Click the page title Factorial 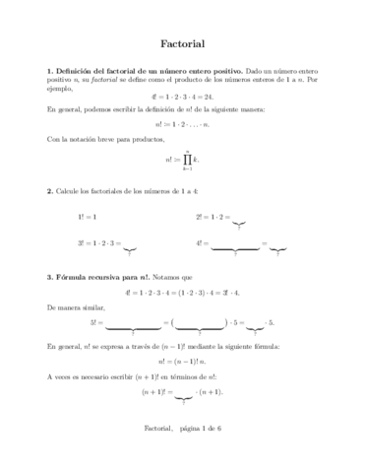182,44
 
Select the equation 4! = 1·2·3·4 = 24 182,112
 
